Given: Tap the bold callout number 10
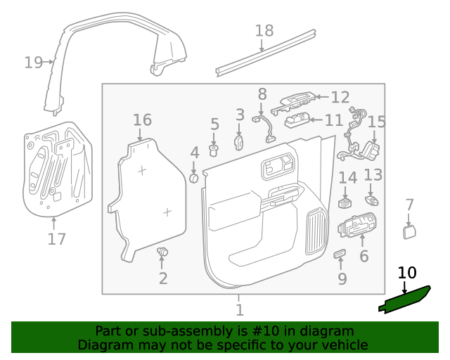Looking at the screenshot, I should click(x=407, y=274).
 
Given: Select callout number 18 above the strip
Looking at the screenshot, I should click(x=264, y=31).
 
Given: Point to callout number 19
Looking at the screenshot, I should click(x=33, y=63).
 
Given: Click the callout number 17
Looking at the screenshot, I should click(x=57, y=239).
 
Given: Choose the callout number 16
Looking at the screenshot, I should click(x=142, y=120).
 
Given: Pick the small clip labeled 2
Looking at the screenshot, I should click(x=163, y=252).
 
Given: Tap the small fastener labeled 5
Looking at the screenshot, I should click(x=215, y=150).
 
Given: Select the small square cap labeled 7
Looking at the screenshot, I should click(x=409, y=231).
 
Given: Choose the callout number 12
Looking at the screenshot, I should click(x=340, y=98).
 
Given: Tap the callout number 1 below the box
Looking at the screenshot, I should click(x=240, y=309).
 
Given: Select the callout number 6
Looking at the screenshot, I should click(x=364, y=256).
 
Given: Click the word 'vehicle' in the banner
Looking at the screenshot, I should click(x=342, y=345).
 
